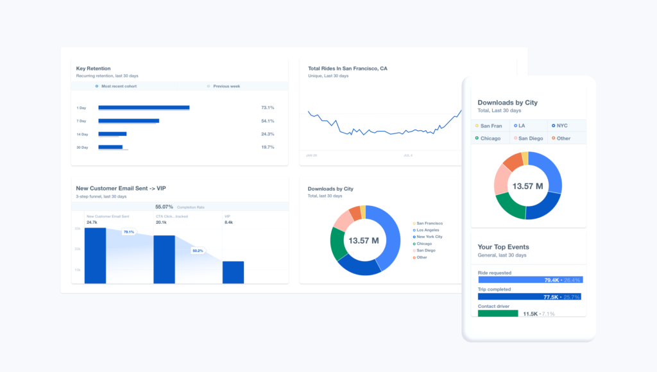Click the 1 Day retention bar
click(144, 107)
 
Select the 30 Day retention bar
click(110, 147)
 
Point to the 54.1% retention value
click(268, 121)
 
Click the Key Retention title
click(94, 68)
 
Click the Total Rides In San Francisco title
click(347, 68)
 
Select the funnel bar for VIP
click(233, 272)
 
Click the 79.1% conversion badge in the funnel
click(129, 232)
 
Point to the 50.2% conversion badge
click(198, 251)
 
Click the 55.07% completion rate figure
click(164, 207)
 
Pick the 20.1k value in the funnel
click(161, 223)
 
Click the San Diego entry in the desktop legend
click(426, 250)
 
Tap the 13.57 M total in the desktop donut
click(364, 241)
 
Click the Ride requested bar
click(530, 280)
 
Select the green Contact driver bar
click(498, 314)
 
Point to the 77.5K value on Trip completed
click(550, 297)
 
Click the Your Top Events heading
click(503, 246)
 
